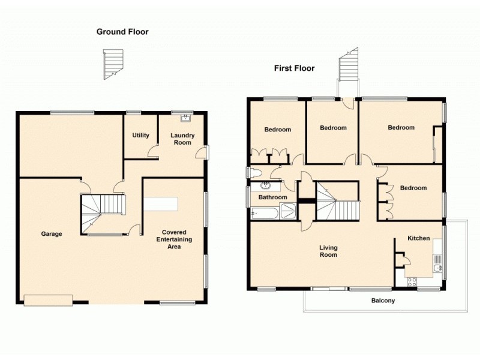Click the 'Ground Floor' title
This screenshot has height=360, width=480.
pos(122,32)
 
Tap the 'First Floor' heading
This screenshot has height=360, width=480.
pos(294,68)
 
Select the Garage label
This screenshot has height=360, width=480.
pos(51,234)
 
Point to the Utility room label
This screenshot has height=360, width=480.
pos(140,135)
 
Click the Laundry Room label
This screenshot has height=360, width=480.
pos(182,139)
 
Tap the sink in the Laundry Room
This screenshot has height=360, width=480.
pos(185,117)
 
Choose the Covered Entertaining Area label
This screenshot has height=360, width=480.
pos(174,239)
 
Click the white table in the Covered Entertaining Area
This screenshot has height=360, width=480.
pos(161,203)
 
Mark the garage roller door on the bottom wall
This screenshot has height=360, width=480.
pos(48,300)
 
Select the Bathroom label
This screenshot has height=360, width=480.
pos(272,197)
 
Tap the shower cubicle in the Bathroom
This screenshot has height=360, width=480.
pos(289,211)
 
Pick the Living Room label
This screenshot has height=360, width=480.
pos(328,251)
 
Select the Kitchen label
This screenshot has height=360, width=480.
pos(418,238)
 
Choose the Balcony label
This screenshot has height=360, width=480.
pos(383,301)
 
